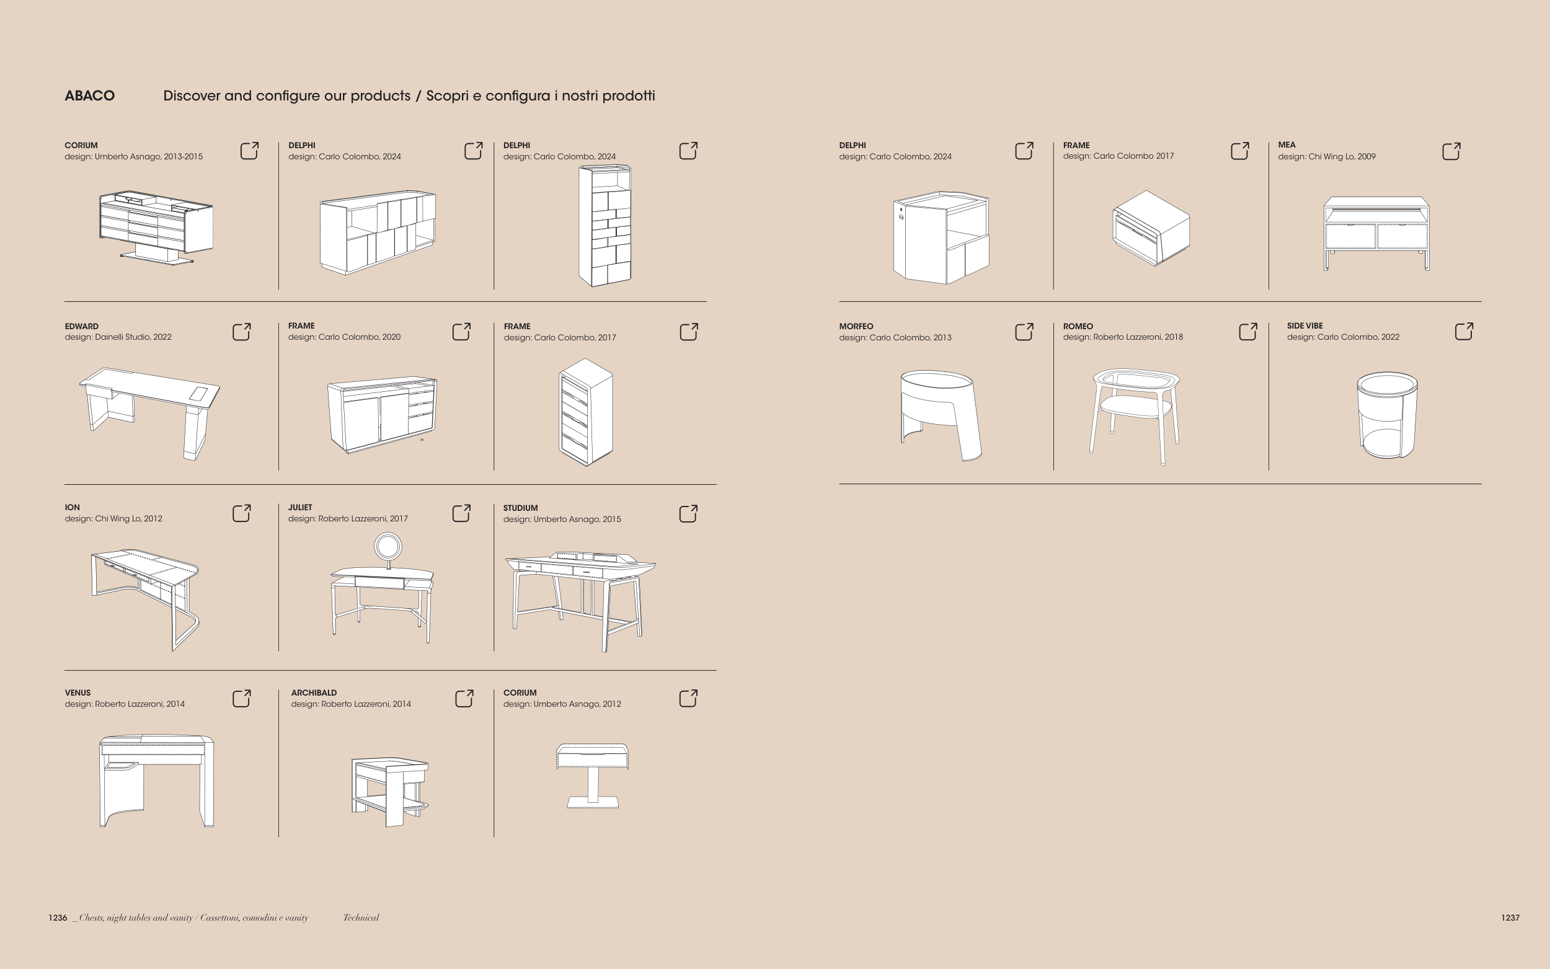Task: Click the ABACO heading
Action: (90, 95)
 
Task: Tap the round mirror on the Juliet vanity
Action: (387, 547)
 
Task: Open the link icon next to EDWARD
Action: (242, 331)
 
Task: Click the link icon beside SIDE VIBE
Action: (1464, 330)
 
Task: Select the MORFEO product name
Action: (856, 326)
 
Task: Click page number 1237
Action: (1510, 918)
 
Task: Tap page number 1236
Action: (58, 918)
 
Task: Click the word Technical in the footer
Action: (361, 918)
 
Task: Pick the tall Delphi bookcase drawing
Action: (605, 226)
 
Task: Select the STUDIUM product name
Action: (520, 508)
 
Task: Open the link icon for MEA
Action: (1451, 151)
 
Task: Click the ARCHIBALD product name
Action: (314, 692)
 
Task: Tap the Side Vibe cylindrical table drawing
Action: (1387, 415)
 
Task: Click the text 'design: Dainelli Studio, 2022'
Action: (118, 337)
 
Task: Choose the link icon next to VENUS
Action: (242, 698)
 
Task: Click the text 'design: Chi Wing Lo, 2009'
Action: (1327, 156)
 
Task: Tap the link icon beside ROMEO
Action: (1248, 331)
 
